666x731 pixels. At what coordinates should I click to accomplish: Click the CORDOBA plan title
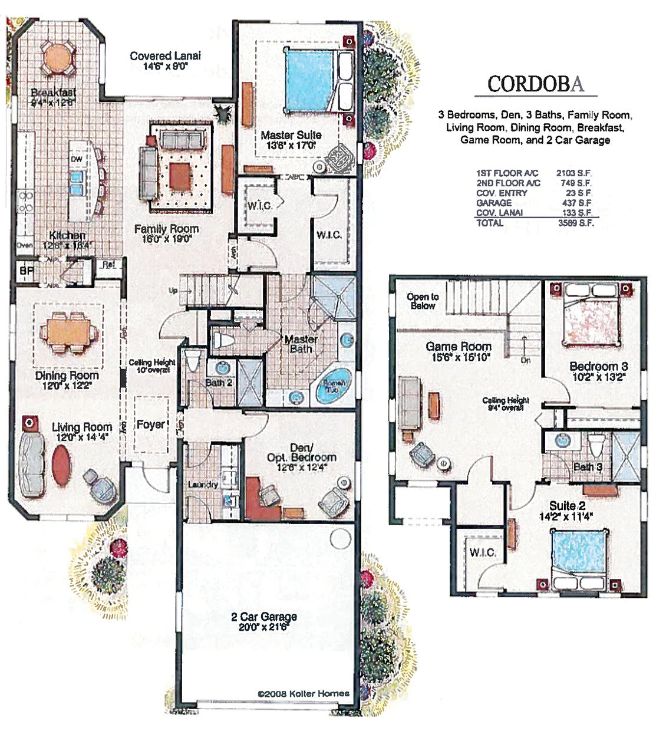(535, 84)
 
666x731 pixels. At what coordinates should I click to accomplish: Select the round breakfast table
(58, 58)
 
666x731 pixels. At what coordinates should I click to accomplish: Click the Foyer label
(150, 424)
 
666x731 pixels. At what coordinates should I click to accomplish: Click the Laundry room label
(203, 485)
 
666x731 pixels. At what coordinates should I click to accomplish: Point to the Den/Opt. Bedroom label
(301, 453)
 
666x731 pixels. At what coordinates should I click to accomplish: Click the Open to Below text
(423, 301)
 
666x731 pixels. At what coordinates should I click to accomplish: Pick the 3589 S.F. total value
(575, 223)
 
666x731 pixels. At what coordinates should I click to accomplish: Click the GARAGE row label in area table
(494, 203)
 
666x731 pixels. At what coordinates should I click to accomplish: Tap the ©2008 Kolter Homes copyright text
(303, 693)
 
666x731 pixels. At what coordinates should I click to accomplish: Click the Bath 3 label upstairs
(588, 467)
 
